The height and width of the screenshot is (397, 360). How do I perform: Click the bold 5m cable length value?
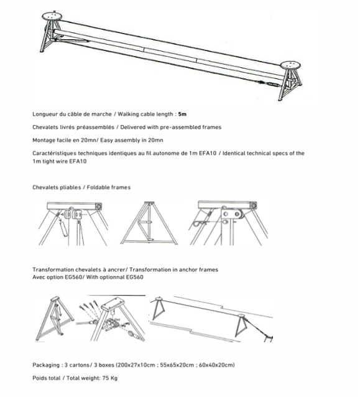coord(182,114)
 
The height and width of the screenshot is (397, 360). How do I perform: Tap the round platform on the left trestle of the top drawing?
coord(52,16)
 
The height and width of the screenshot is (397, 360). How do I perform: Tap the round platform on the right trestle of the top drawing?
coord(290,65)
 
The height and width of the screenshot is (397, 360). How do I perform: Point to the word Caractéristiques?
coord(54,154)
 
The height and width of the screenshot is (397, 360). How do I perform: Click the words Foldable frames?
coord(109,188)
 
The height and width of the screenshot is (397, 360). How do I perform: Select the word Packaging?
coord(46,365)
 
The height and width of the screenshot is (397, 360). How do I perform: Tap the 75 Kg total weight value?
coord(110,378)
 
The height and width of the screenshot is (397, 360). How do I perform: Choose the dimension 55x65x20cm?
coord(177,365)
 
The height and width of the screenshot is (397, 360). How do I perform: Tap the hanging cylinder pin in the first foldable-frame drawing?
coord(64,229)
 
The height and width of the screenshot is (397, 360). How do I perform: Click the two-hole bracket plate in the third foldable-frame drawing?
coord(231,214)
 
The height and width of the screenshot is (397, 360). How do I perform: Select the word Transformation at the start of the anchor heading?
coord(53,270)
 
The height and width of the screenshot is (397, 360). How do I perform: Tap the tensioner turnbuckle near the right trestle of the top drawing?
coord(272,84)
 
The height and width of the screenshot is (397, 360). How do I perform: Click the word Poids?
coord(39,378)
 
